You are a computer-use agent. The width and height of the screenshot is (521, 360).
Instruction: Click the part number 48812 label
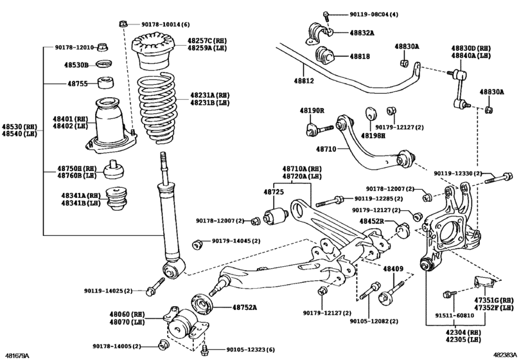[304, 81]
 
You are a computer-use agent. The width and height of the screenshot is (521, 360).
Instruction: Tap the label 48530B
[76, 65]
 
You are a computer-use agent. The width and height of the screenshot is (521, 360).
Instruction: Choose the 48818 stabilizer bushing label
[360, 57]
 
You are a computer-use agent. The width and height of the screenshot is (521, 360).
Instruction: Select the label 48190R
[312, 111]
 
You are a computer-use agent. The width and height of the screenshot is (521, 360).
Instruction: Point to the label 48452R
[371, 221]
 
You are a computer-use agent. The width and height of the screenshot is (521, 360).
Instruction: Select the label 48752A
[244, 307]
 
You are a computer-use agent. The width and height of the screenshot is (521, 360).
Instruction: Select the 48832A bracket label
[364, 32]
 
